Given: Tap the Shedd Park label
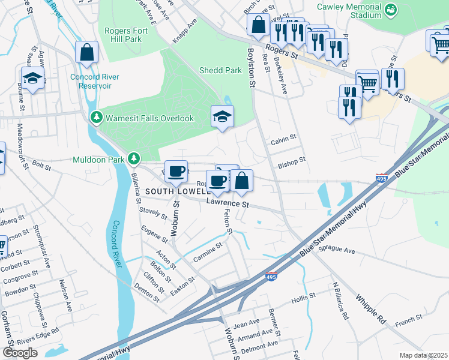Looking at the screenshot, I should pyautogui.click(x=220, y=70).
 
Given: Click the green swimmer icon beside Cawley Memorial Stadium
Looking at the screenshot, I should pyautogui.click(x=391, y=9).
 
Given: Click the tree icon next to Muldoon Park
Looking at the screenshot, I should pyautogui.click(x=135, y=159).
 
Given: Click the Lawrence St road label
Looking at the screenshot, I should pyautogui.click(x=228, y=204).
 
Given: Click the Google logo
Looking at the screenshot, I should pyautogui.click(x=20, y=353).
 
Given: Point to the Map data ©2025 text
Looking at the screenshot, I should pyautogui.click(x=423, y=355).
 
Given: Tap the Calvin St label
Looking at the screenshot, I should pyautogui.click(x=283, y=137).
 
